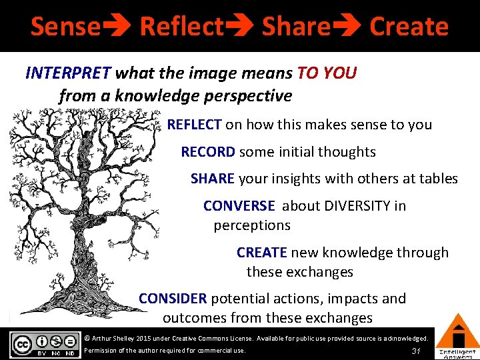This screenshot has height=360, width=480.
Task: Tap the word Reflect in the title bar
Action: coord(181,27)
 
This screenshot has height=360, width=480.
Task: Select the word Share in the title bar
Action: coord(296,27)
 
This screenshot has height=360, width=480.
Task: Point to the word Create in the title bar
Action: coord(409,27)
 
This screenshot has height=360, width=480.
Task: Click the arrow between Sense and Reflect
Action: coord(117,27)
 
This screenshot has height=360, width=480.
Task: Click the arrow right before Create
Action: coord(347,27)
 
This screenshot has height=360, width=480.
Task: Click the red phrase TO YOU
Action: coord(327,73)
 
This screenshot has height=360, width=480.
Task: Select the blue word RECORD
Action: coord(208,152)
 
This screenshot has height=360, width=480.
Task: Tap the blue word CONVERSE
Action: coord(239,206)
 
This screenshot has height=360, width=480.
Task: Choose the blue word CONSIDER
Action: coord(173,299)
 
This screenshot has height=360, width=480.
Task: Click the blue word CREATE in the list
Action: coord(261,253)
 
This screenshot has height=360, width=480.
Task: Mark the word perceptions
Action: coord(252,225)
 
